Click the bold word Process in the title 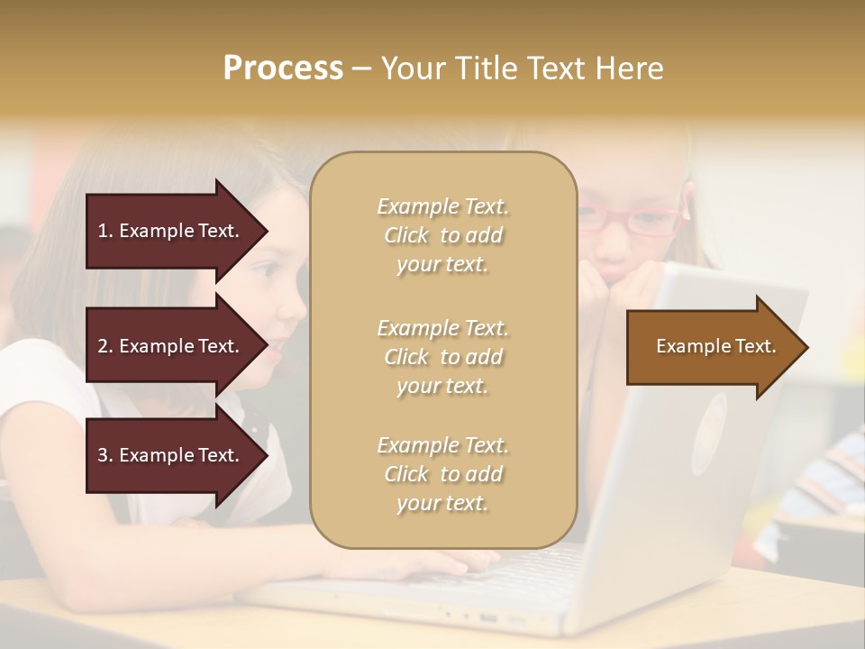283,69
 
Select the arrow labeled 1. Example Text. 171,231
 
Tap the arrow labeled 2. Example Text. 171,346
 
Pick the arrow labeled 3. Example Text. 171,456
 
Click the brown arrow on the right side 712,347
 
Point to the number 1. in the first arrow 105,231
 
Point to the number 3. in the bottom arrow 105,456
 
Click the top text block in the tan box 442,235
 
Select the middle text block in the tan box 442,357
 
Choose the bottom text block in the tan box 442,474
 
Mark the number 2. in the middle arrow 105,346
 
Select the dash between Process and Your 361,69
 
